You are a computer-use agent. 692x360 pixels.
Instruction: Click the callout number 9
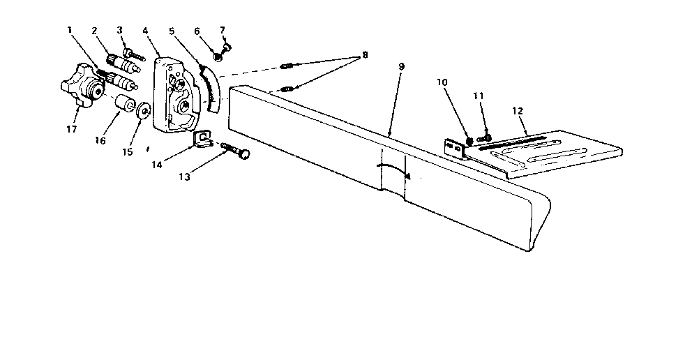tap(401, 67)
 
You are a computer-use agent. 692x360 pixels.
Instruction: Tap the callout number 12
tap(518, 111)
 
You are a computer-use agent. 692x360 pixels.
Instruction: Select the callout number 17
tap(72, 129)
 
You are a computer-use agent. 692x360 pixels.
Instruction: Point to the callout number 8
tap(365, 55)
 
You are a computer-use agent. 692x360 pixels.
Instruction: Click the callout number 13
tap(184, 177)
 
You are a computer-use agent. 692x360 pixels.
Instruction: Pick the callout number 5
tap(172, 31)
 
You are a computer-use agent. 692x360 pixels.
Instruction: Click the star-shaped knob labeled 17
tap(83, 88)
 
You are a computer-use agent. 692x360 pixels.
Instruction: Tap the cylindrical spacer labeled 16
tap(125, 103)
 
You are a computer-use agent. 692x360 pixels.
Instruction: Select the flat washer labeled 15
tap(142, 110)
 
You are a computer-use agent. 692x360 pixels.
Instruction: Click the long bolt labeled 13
tap(235, 150)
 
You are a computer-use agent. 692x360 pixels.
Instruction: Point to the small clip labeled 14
tap(202, 140)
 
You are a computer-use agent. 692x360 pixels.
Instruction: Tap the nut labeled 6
tap(217, 57)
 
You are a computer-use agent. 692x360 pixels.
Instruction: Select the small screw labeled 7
tap(227, 47)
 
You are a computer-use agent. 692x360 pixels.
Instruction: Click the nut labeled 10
tap(469, 141)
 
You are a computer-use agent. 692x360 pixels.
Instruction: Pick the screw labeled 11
tap(484, 138)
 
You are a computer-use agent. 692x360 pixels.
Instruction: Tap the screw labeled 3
tap(134, 56)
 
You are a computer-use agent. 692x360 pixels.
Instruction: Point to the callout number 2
tap(94, 31)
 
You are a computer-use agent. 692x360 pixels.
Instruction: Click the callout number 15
tap(128, 152)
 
